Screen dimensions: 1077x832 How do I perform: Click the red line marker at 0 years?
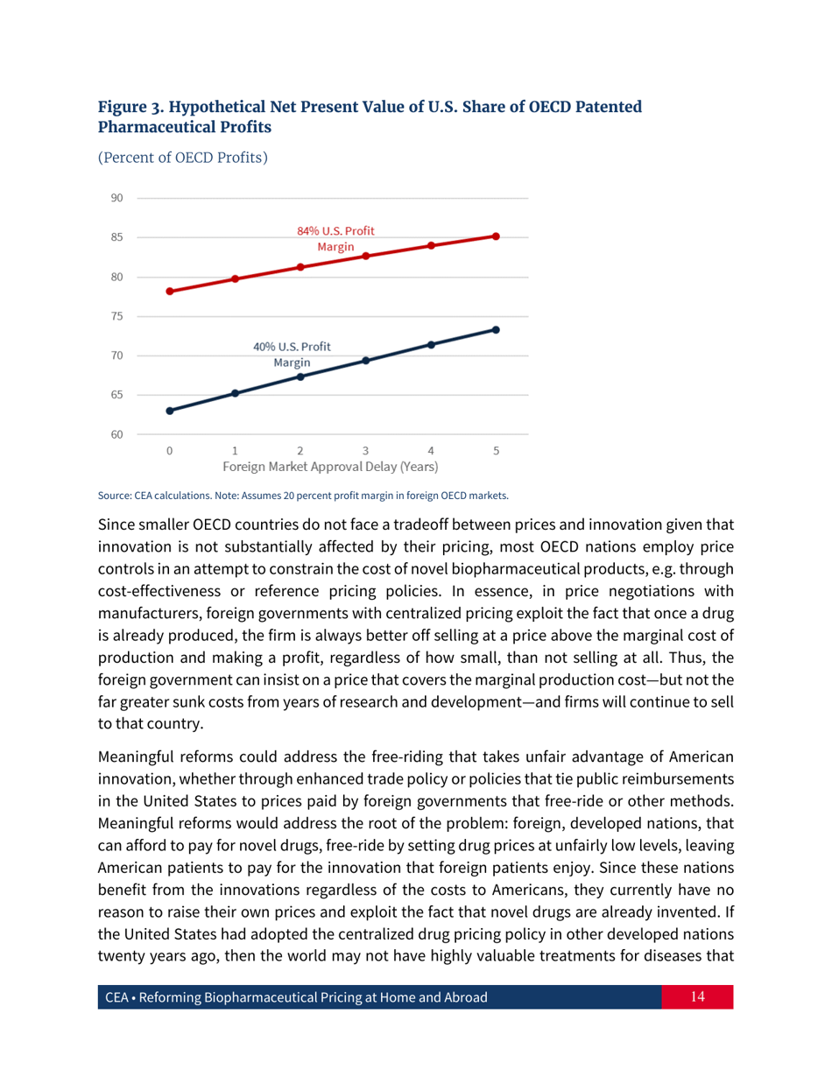click(x=169, y=291)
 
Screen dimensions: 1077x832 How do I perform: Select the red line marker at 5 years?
click(x=496, y=236)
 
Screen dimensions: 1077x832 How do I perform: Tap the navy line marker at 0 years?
click(x=169, y=411)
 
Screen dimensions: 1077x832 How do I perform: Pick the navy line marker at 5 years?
click(x=496, y=330)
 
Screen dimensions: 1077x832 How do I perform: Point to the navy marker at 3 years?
click(x=366, y=361)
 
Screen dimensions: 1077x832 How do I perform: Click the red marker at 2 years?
click(x=300, y=267)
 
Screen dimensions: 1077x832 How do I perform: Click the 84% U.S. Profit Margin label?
click(x=335, y=239)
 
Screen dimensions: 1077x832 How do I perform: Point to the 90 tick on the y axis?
click(x=116, y=198)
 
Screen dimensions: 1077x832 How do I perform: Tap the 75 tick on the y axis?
click(x=116, y=316)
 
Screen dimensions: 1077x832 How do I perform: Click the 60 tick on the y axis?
click(x=116, y=434)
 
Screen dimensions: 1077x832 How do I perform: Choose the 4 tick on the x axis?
click(x=430, y=451)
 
